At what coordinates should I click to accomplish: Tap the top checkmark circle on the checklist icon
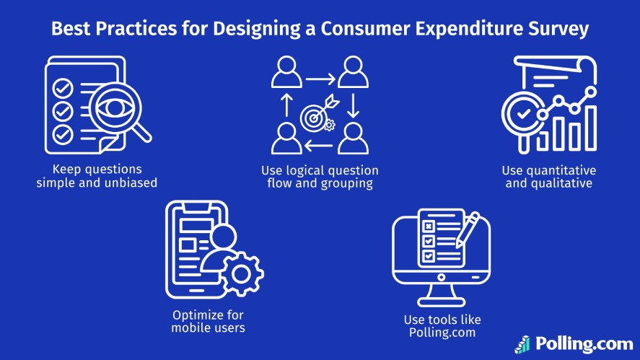[x=63, y=88]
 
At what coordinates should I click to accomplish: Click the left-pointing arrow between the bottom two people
[x=318, y=146]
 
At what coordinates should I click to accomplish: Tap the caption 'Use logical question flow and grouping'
[x=320, y=177]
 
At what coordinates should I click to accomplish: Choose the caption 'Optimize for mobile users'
[x=209, y=321]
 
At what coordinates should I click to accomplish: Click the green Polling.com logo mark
[x=522, y=344]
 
